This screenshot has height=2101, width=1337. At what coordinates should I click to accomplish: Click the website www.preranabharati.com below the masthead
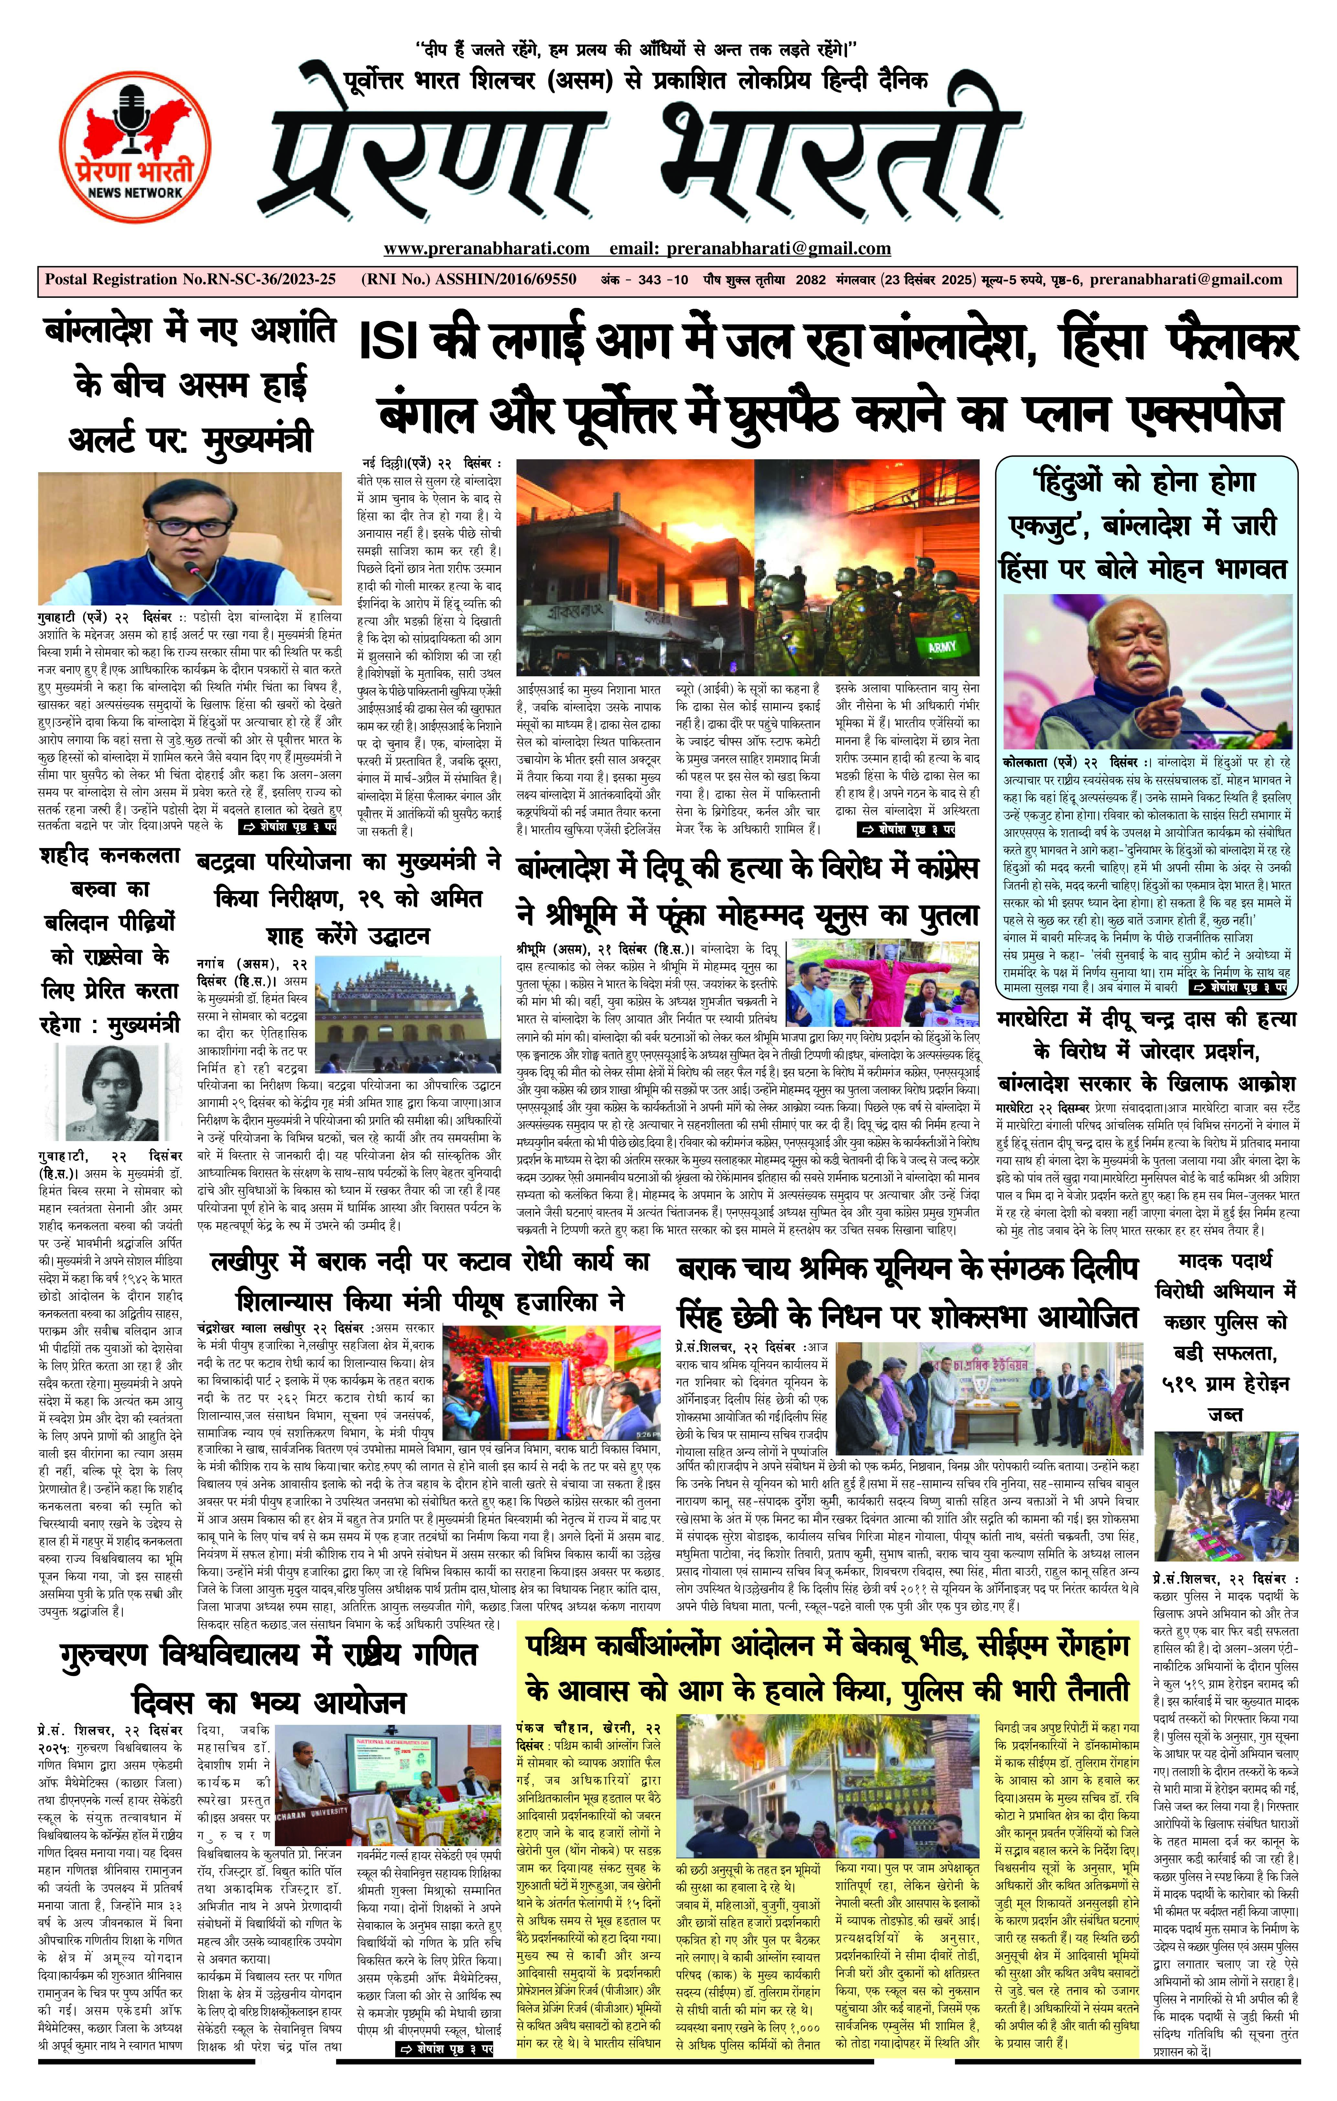[x=486, y=249]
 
